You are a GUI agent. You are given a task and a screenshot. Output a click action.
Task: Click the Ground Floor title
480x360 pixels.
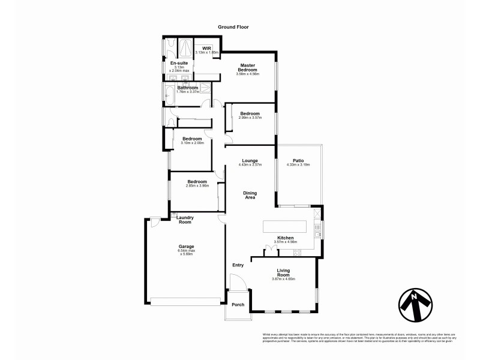233,27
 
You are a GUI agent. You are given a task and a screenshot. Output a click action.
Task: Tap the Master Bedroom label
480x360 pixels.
248,67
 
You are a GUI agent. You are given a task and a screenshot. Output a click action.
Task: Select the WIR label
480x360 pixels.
206,48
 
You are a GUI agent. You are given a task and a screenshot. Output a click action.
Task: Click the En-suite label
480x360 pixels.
179,63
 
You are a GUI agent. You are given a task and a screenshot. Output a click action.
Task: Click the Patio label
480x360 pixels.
298,160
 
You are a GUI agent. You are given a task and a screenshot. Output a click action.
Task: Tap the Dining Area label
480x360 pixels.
250,195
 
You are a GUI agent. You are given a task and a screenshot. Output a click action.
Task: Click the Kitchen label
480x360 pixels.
285,238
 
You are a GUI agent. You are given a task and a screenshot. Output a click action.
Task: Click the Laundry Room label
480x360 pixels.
184,220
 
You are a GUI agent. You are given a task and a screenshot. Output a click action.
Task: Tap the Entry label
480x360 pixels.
238,265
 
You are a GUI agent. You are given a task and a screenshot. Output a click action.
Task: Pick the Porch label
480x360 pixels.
238,304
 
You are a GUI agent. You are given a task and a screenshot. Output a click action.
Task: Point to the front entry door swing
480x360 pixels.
236,283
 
